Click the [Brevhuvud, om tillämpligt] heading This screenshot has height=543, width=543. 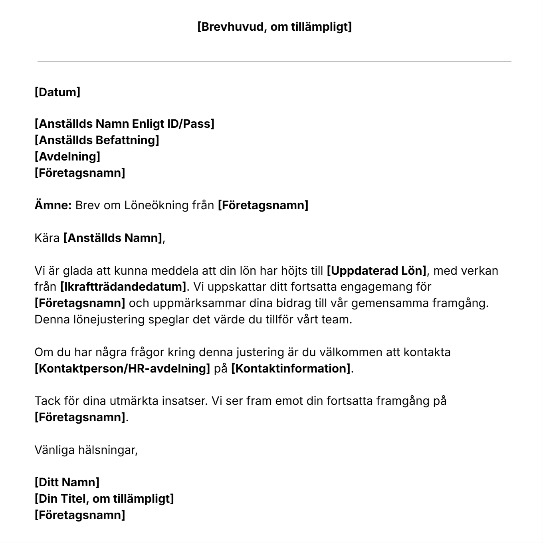274,27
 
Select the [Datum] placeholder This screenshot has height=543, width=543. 57,92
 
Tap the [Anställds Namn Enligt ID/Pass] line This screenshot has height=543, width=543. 124,124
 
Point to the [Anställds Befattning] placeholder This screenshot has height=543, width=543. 97,140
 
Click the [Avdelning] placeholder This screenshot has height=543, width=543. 67,157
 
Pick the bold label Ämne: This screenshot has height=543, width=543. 53,205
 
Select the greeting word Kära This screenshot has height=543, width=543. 47,238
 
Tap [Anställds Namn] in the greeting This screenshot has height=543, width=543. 113,238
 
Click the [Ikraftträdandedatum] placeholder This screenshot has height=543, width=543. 123,287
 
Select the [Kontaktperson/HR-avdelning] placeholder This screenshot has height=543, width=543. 122,369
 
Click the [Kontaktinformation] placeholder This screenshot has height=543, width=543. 291,369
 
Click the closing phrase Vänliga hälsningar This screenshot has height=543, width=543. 86,450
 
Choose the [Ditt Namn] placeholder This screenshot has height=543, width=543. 67,482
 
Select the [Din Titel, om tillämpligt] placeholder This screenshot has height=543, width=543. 104,499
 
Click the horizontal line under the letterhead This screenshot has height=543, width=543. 274,62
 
